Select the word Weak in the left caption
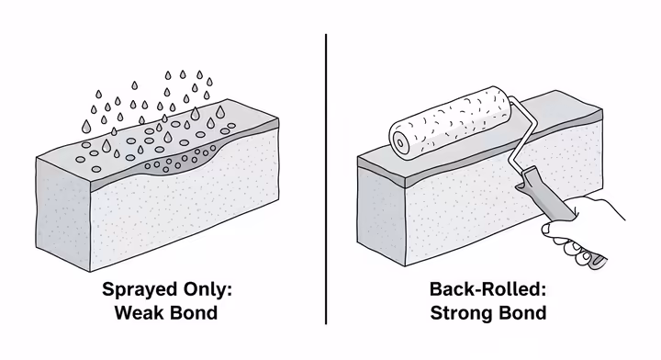[140, 312]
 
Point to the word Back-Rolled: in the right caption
[487, 290]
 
